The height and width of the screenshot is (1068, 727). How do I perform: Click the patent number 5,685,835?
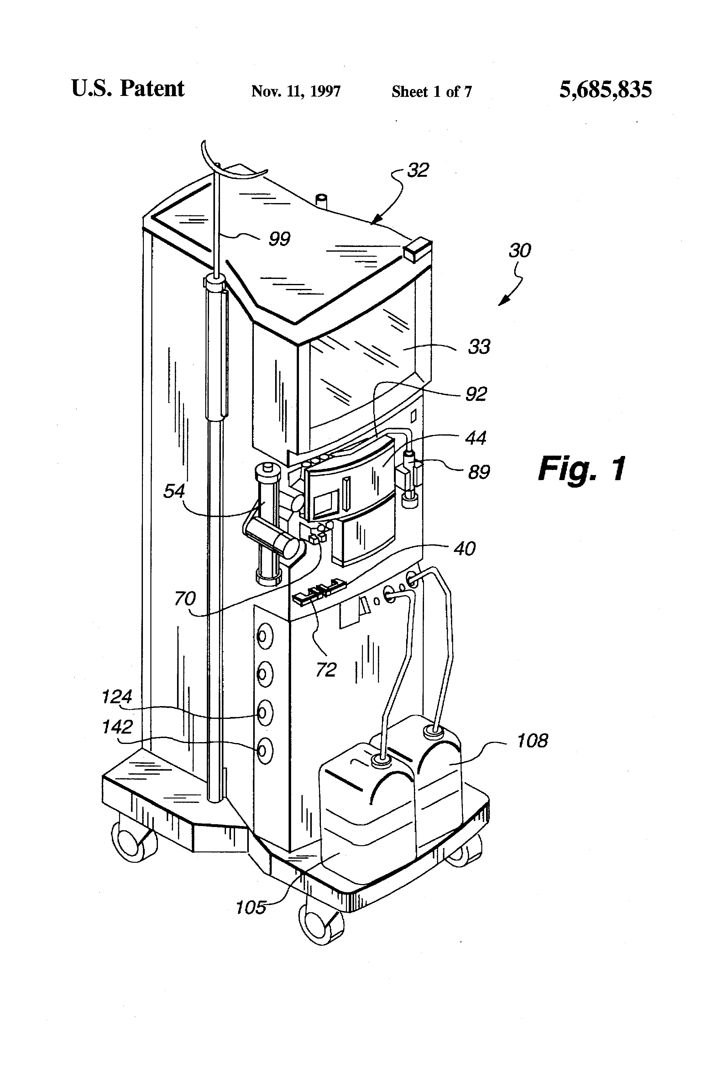605,90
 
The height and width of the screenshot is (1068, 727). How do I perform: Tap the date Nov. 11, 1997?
296,92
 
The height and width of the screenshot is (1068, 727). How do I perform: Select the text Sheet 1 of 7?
431,92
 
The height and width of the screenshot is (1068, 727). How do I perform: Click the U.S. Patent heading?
128,88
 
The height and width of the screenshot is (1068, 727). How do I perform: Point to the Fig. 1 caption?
582,469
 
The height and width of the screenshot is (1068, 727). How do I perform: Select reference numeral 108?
532,741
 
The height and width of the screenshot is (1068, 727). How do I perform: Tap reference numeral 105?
251,908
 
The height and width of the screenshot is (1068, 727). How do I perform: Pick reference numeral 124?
117,697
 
